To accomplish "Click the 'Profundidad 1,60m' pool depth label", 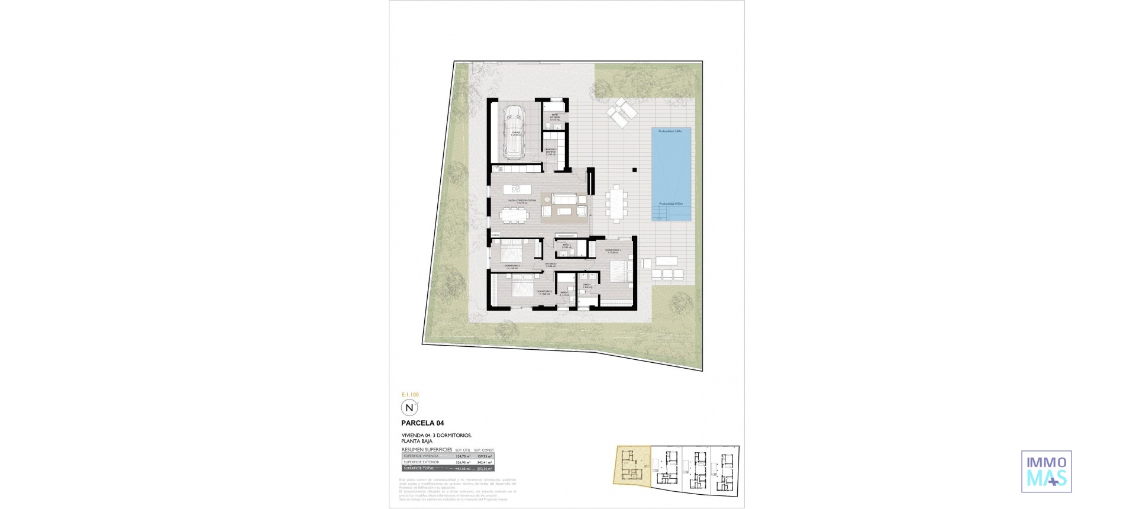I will [671, 131].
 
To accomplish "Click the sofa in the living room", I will [566, 198].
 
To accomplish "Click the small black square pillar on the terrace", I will [634, 170].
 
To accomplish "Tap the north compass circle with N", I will [409, 408].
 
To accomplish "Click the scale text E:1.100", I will [410, 394].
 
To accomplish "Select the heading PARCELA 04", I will [422, 423].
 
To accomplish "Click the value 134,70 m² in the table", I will [463, 456].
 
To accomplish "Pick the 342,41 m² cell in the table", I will [485, 462].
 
